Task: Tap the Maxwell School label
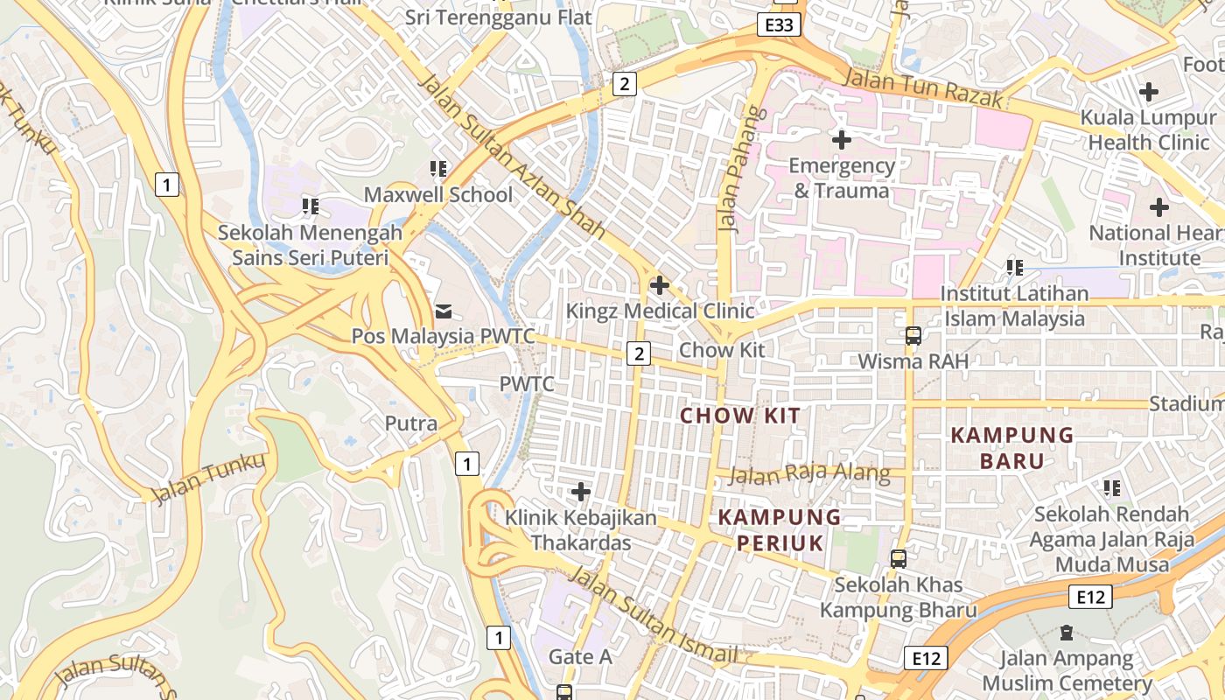(x=438, y=194)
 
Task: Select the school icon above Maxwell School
(x=438, y=168)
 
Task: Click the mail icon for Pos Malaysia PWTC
(x=444, y=311)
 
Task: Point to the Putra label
(x=411, y=423)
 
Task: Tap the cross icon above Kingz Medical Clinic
(x=660, y=285)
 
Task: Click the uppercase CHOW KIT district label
(x=740, y=416)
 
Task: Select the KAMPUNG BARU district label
(x=1012, y=447)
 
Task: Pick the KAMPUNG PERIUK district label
(x=780, y=529)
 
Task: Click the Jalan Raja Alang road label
(x=809, y=475)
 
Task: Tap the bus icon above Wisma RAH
(x=913, y=335)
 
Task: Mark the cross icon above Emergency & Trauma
(x=842, y=139)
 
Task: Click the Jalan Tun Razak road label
(x=923, y=88)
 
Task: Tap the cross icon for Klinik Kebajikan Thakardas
(x=580, y=492)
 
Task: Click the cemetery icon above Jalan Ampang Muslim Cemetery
(x=1067, y=632)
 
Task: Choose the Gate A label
(x=580, y=656)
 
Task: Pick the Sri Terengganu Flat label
(x=498, y=17)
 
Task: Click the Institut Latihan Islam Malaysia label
(x=1015, y=305)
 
